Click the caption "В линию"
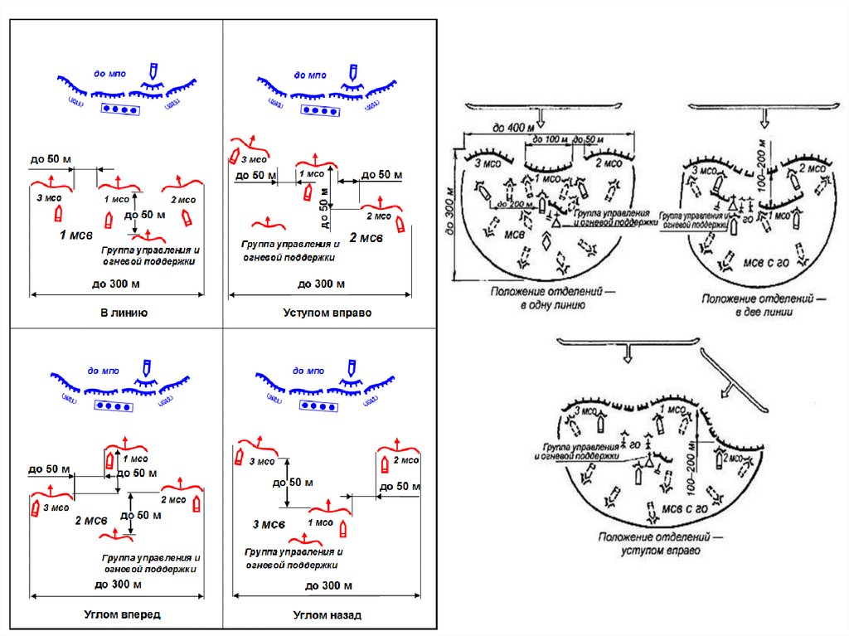pos(124,313)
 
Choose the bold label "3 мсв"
pos(269,524)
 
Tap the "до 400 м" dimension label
pos(510,128)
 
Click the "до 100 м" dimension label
pos(550,138)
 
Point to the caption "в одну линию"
pos(541,304)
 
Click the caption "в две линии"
pos(755,312)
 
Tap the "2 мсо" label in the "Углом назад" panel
pos(406,460)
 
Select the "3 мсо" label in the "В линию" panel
pos(48,199)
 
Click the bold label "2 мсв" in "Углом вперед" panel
pos(92,520)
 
